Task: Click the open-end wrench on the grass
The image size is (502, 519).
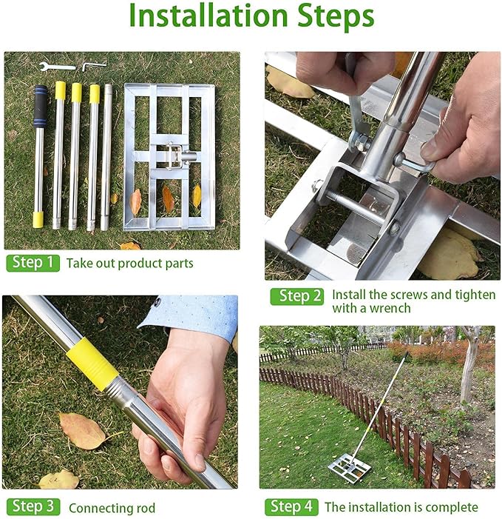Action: coord(57,67)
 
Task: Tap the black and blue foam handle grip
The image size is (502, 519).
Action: coord(41,107)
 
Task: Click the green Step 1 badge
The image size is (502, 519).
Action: coord(33,263)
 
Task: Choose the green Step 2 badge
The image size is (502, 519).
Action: coord(296,296)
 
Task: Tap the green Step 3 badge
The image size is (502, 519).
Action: coord(33,506)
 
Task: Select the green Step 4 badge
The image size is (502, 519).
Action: coord(291,506)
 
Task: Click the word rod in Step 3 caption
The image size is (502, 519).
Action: coord(146,508)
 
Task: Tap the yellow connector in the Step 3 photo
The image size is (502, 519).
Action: coord(92,364)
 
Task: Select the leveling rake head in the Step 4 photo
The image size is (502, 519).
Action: coord(350,468)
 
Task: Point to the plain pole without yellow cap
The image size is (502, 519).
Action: coord(106,157)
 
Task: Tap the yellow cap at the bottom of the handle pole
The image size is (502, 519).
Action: coord(38,220)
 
